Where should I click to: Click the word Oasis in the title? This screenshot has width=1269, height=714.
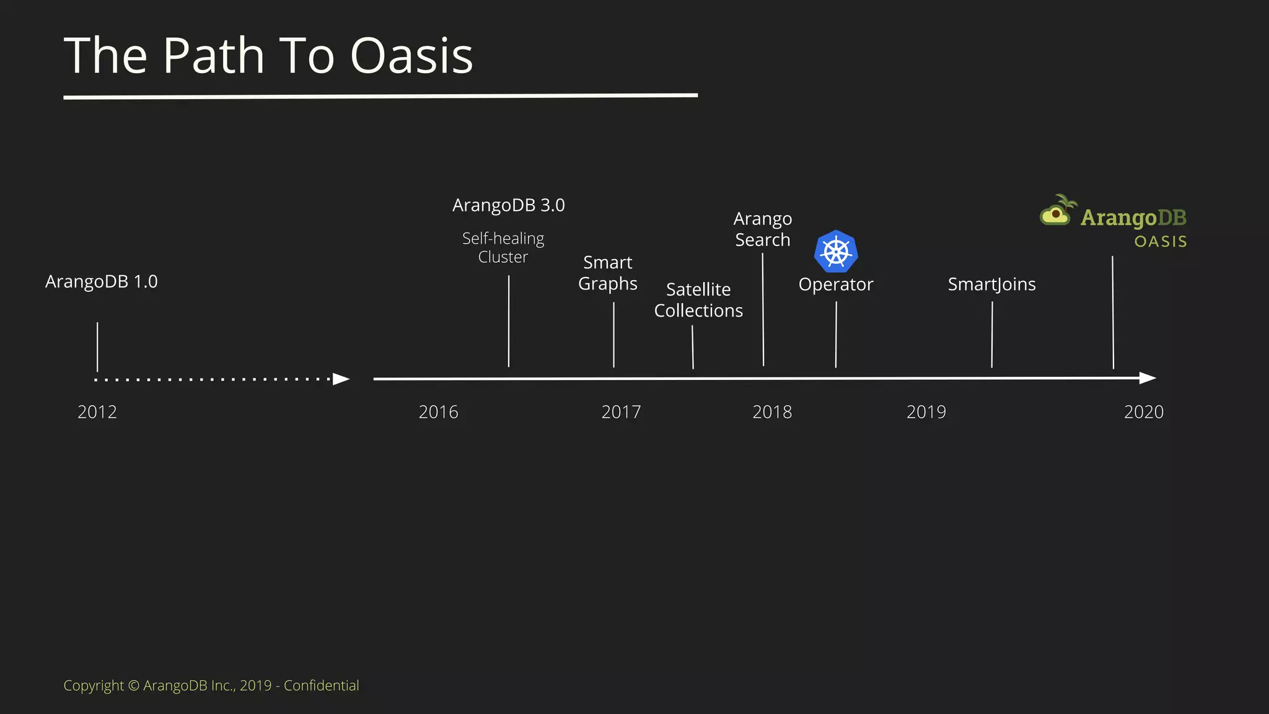tap(411, 56)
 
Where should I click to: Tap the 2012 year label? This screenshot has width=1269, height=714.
tap(97, 412)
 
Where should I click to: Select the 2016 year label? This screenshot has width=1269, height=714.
tap(438, 412)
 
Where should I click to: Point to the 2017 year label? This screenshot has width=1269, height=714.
tap(621, 412)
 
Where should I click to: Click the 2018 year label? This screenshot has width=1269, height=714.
tap(772, 412)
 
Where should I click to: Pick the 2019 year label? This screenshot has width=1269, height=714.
tap(926, 412)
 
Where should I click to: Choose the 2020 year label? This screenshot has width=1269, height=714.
tap(1143, 412)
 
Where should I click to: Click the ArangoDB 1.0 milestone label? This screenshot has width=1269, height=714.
tap(102, 282)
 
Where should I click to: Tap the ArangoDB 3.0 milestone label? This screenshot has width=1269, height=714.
tap(508, 205)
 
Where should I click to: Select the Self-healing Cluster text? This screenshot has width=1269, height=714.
tap(503, 248)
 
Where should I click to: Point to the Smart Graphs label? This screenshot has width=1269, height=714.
tap(608, 273)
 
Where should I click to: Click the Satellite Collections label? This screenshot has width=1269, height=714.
tap(698, 300)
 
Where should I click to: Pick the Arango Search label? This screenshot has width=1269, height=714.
tap(763, 229)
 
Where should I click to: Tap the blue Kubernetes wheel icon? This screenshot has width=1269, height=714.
tap(836, 252)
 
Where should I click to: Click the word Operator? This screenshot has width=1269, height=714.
tap(836, 284)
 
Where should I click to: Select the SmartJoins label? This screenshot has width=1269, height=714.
tap(991, 284)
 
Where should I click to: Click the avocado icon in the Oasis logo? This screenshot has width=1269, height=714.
tap(1056, 213)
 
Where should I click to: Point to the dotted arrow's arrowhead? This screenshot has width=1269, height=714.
tap(341, 379)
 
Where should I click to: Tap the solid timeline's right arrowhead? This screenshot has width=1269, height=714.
tap(1148, 378)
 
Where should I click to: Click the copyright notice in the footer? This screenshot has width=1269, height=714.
tap(211, 685)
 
